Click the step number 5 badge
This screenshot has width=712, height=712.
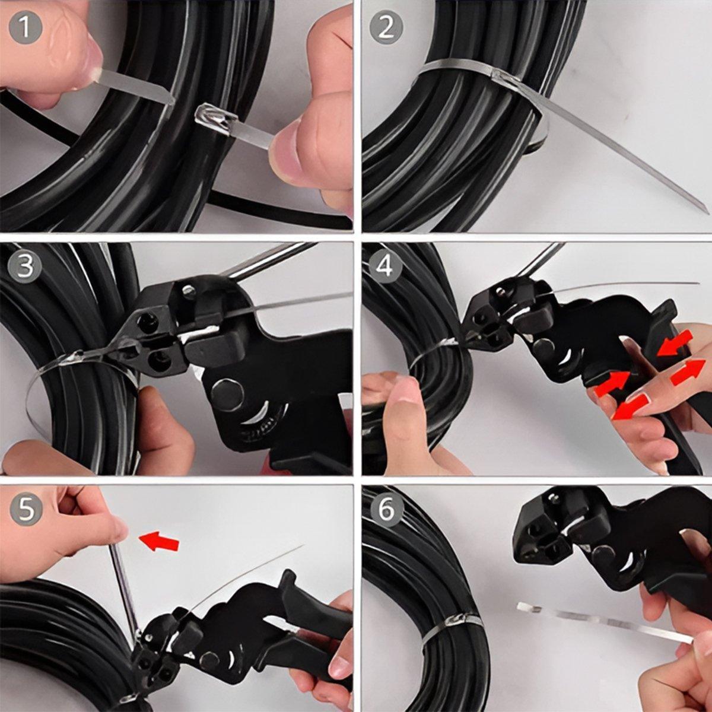point(25,508)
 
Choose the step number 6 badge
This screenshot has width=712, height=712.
point(386,508)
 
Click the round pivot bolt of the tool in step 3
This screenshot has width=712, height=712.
point(225,392)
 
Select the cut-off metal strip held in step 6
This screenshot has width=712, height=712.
point(599,621)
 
